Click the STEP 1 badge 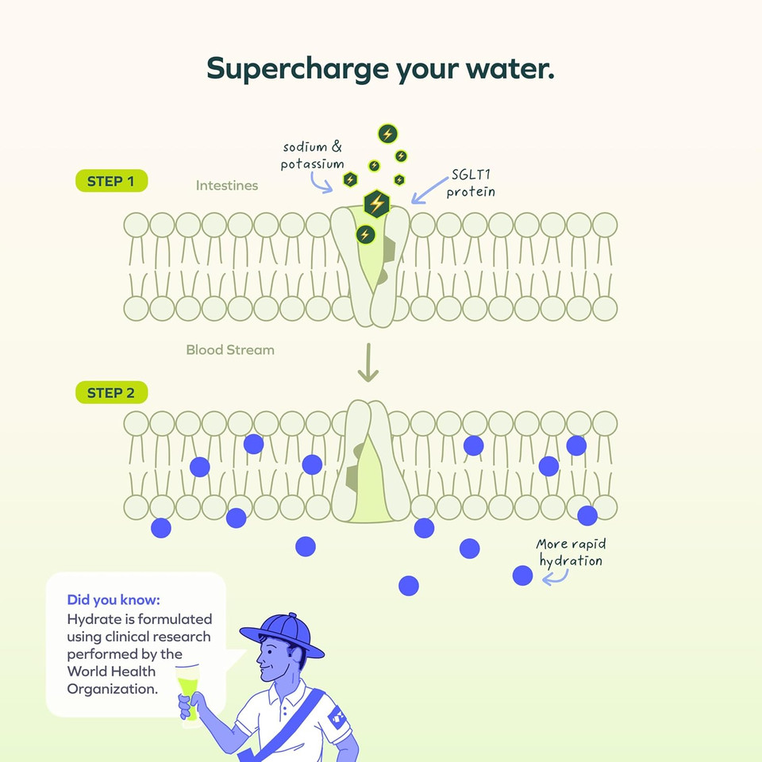[111, 181]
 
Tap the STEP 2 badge [111, 392]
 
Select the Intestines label [227, 186]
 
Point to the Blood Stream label [230, 349]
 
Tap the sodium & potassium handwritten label [312, 156]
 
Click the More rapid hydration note [571, 552]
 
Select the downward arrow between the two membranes [368, 364]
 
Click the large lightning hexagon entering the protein [376, 203]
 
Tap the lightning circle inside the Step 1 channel [365, 233]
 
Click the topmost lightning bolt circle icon [387, 133]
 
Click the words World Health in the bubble [112, 672]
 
